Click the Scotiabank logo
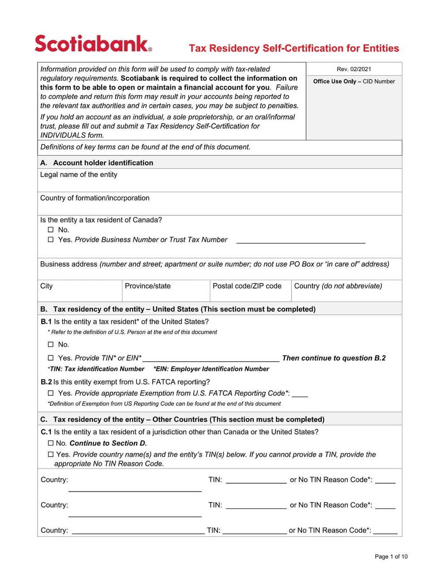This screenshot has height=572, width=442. pos(93,44)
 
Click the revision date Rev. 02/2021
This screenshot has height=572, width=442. pos(354,69)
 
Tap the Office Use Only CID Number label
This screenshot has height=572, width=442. pos(354,81)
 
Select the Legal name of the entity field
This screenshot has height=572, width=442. pos(219,183)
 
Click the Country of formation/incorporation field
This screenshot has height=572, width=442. pos(219,207)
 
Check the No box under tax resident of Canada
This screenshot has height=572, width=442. pos(50,230)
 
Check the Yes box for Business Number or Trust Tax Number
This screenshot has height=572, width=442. pos(50,240)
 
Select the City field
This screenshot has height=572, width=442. pos(80,294)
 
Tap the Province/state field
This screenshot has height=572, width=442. pos(165,294)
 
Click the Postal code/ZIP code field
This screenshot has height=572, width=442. pos(250,294)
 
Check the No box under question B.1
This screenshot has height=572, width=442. pos(50,345)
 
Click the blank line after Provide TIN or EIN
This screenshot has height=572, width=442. pos(211,358)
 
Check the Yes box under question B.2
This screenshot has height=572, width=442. pos(50,393)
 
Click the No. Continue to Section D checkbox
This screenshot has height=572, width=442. pos(50,443)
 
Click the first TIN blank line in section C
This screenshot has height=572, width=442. pos(256,480)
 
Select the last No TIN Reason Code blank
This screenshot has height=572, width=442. pos(385,531)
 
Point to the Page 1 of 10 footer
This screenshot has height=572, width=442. pos(391,557)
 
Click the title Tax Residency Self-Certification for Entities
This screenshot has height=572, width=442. pos(294,48)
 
